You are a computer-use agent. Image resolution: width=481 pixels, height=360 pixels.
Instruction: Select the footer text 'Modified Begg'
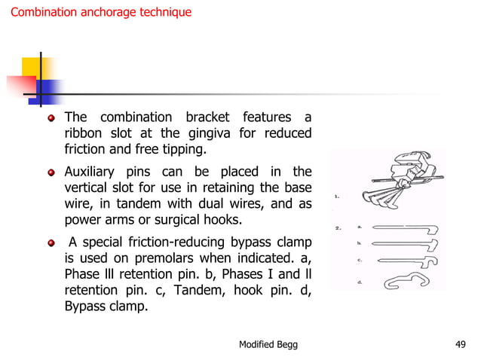pyautogui.click(x=268, y=344)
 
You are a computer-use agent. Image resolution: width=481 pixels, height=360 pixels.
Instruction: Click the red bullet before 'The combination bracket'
pyautogui.click(x=51, y=118)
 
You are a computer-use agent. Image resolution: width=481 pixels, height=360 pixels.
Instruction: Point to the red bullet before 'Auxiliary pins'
pyautogui.click(x=51, y=172)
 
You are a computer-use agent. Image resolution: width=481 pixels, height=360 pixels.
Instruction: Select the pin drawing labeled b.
pyautogui.click(x=406, y=245)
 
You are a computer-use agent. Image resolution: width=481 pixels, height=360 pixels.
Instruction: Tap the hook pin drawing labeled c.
pyautogui.click(x=406, y=261)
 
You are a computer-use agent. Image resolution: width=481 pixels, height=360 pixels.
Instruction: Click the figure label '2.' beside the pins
pyautogui.click(x=339, y=227)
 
